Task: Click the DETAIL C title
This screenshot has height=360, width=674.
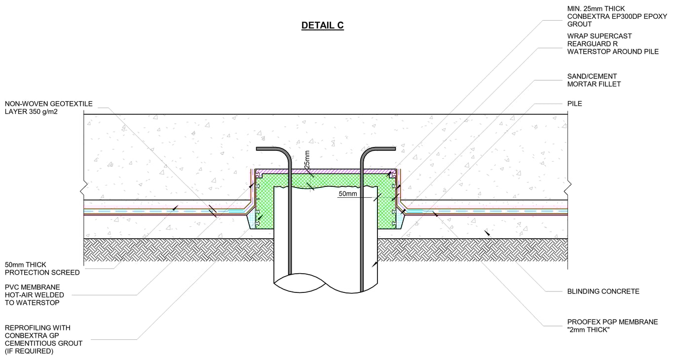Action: click(x=322, y=26)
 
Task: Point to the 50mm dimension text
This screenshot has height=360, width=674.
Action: click(x=347, y=194)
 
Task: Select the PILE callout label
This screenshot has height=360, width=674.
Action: click(x=575, y=104)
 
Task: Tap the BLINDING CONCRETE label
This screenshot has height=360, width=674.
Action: click(x=603, y=291)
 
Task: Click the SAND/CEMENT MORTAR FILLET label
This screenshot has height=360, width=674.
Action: click(x=594, y=80)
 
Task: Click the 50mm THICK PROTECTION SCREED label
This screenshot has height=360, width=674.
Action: click(x=42, y=269)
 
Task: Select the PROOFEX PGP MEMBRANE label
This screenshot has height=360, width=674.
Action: click(x=612, y=322)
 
